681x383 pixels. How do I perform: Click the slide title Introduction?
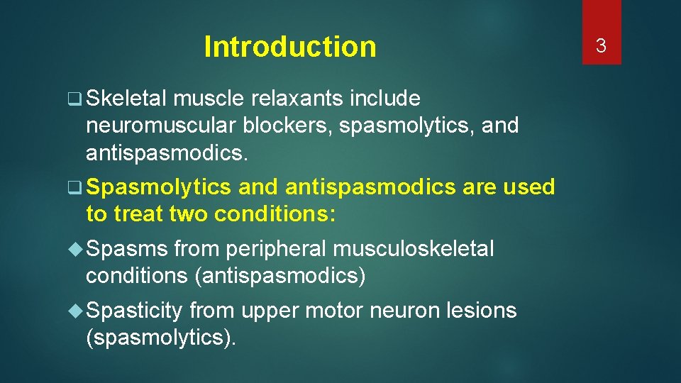(289, 47)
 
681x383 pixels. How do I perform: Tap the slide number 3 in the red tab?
(601, 46)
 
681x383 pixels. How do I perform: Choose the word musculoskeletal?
(413, 249)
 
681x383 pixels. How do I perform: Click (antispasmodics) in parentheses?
(279, 276)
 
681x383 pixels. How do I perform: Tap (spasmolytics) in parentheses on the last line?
(160, 338)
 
